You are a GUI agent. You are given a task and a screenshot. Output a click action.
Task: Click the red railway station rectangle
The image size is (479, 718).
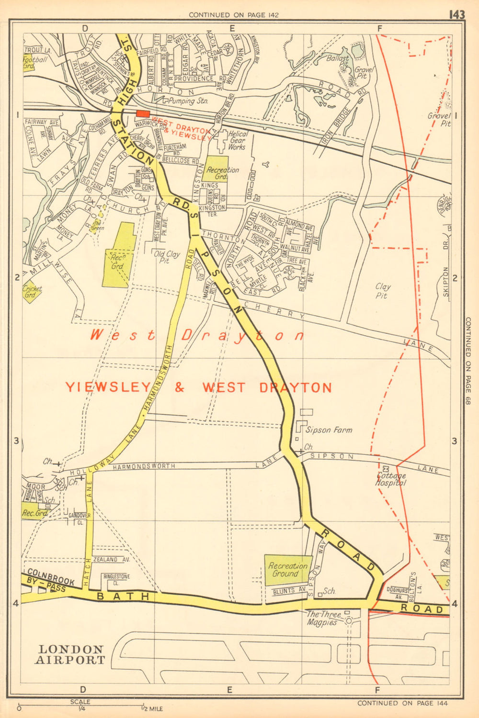click(142, 113)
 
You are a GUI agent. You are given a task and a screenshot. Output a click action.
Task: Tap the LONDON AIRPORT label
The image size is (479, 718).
click(71, 654)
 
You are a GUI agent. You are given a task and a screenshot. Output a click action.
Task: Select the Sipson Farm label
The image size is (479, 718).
click(329, 430)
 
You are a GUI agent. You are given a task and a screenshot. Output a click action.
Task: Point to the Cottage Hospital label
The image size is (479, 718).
click(391, 479)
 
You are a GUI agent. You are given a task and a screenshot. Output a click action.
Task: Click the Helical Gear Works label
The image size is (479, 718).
click(237, 141)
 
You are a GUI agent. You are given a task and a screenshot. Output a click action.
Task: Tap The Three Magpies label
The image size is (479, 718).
click(324, 618)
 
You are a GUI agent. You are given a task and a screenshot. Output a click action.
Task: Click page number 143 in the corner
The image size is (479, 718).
click(456, 15)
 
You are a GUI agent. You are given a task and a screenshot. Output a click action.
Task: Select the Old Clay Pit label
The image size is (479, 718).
click(167, 257)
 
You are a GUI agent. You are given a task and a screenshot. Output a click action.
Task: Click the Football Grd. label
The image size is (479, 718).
click(35, 63)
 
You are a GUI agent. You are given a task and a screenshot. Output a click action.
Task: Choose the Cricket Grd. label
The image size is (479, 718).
click(32, 292)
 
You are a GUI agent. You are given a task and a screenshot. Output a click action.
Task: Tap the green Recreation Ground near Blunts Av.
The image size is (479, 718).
click(288, 570)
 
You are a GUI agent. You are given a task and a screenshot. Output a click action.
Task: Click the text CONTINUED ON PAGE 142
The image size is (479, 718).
click(233, 15)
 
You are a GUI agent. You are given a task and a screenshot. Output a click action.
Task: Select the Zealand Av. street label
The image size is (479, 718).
click(112, 559)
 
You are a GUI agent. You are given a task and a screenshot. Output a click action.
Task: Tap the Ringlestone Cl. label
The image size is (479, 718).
click(116, 579)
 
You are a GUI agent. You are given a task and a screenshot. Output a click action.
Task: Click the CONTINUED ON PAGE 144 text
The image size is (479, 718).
click(402, 703)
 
